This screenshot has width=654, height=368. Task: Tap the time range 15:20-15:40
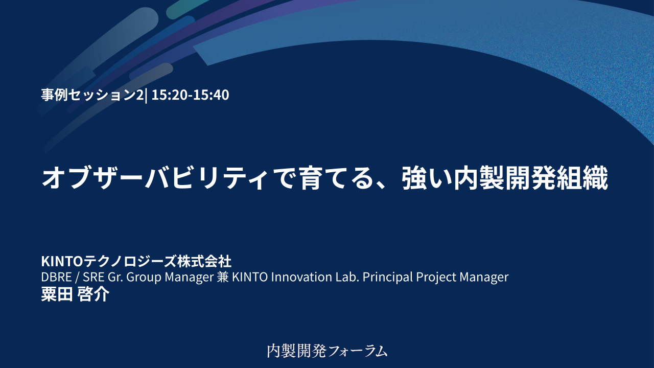(190, 95)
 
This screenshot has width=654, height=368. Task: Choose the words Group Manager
(169, 277)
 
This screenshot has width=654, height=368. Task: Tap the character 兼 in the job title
(223, 277)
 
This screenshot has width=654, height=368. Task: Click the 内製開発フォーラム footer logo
(327, 351)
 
